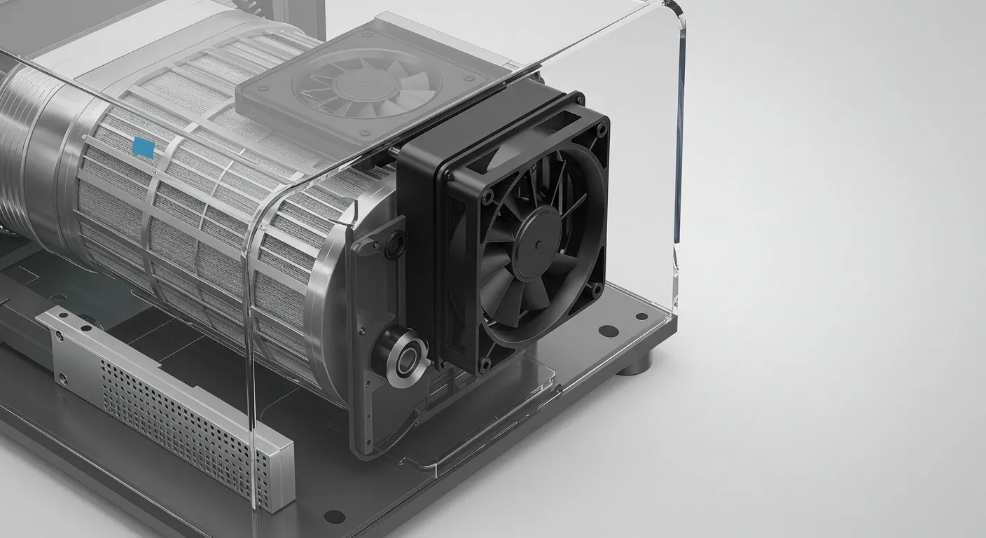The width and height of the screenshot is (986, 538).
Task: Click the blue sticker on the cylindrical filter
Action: click(x=144, y=146)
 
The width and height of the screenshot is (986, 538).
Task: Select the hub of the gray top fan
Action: click(x=358, y=85)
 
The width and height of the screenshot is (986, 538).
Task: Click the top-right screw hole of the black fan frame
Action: click(x=601, y=128)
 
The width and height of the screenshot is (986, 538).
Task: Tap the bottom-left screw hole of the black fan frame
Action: click(x=485, y=364)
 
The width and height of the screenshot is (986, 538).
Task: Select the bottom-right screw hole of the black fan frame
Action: click(x=595, y=287)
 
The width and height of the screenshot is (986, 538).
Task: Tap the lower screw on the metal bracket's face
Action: click(x=63, y=379)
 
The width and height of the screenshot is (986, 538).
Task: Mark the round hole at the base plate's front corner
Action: click(x=334, y=516)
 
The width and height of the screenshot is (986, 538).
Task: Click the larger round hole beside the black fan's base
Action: click(x=608, y=331)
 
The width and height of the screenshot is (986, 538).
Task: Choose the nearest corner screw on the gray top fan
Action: click(x=363, y=132)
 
